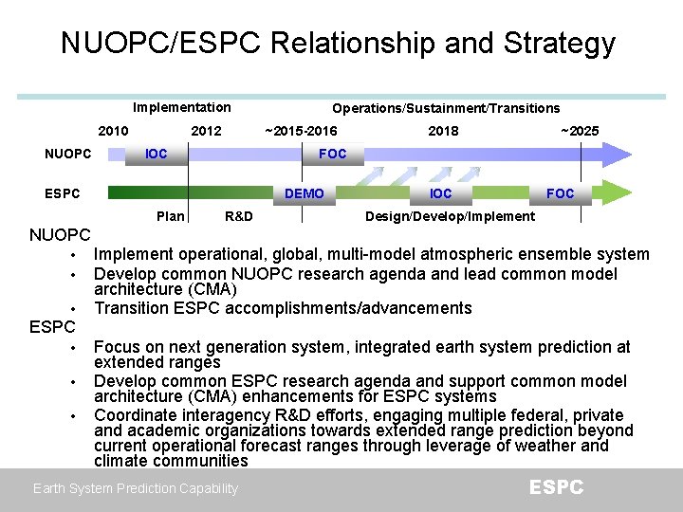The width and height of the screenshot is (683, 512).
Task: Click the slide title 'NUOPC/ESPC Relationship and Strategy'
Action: (338, 43)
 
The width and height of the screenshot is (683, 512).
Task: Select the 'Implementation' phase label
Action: (181, 107)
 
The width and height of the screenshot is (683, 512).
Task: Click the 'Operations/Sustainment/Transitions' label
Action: (446, 108)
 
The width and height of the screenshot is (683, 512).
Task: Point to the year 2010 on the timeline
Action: (114, 131)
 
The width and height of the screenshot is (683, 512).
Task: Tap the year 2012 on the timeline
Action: (206, 131)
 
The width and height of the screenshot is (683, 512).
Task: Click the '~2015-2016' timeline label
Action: (301, 131)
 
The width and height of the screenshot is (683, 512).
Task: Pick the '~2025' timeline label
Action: (579, 131)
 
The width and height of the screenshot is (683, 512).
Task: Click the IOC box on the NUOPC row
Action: (156, 154)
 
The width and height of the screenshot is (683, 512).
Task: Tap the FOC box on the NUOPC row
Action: (332, 154)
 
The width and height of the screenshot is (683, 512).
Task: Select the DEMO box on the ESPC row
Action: (304, 193)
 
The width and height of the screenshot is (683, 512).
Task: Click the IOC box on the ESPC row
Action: (440, 193)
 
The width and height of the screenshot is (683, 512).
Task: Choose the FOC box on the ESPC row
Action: (560, 193)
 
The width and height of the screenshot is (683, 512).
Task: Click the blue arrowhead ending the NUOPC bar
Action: (618, 154)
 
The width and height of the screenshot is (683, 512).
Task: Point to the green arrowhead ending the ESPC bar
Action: (618, 193)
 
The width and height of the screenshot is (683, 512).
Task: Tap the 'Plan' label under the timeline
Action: (170, 216)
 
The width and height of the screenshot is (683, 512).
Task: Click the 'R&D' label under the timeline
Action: (238, 216)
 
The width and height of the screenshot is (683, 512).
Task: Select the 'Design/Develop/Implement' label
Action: (450, 216)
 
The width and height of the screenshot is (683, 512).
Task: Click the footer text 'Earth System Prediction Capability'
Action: (136, 488)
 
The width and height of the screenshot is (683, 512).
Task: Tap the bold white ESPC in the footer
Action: (556, 487)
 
